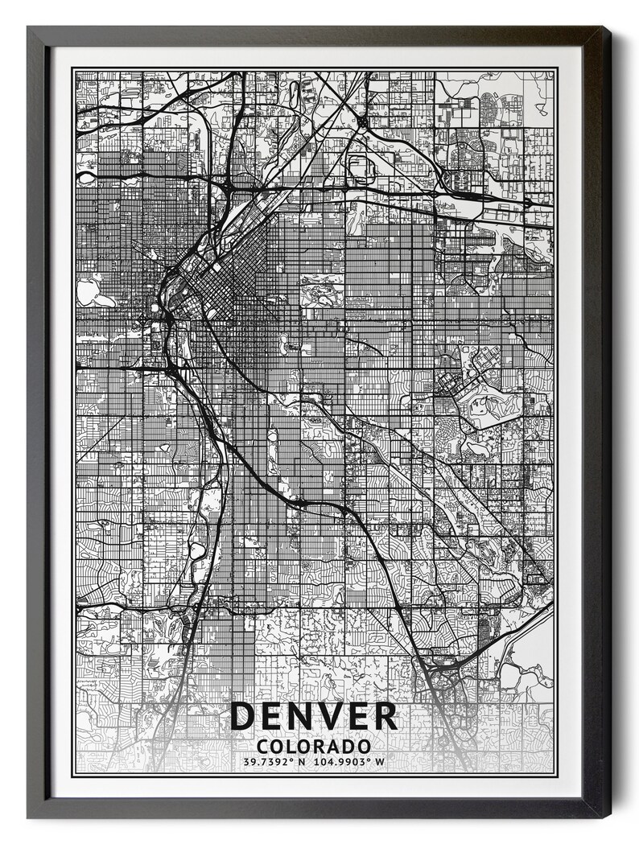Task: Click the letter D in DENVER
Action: (243, 716)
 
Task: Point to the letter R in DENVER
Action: (385, 716)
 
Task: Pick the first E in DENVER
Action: (272, 716)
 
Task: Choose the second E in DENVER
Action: (358, 716)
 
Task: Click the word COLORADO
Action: (315, 746)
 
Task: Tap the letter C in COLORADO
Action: (265, 746)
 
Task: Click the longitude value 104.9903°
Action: (340, 761)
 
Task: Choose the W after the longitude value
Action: (380, 761)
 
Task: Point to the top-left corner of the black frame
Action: (29, 28)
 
